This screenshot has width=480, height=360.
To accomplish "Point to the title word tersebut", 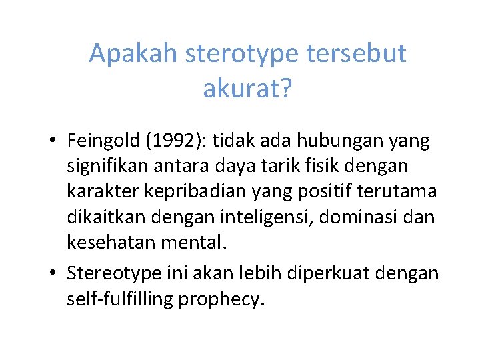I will coord(357,54).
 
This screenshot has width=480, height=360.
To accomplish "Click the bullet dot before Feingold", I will coord(51,141).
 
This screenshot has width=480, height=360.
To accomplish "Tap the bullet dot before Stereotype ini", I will coord(51,274).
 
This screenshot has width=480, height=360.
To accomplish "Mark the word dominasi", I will coord(347,217).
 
